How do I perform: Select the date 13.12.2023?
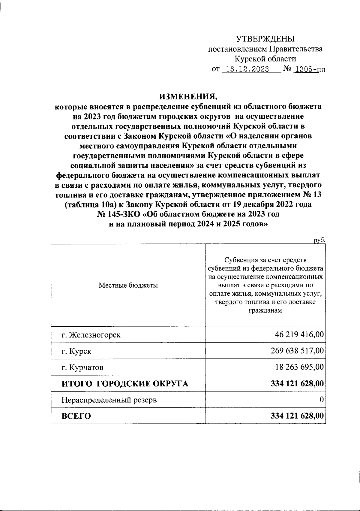point(247,69)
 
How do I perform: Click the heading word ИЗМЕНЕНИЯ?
point(188,96)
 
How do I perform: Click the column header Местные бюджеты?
point(128,285)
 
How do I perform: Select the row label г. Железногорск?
point(91,335)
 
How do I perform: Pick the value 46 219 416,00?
point(299,334)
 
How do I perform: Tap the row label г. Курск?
point(76,351)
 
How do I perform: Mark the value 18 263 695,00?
point(299,367)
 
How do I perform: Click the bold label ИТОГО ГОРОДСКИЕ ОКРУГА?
point(125,383)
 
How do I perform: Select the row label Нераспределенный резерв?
point(109,400)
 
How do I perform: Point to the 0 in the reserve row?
point(321,399)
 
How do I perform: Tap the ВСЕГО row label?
point(76,416)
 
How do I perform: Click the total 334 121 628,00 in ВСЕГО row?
point(297,416)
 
